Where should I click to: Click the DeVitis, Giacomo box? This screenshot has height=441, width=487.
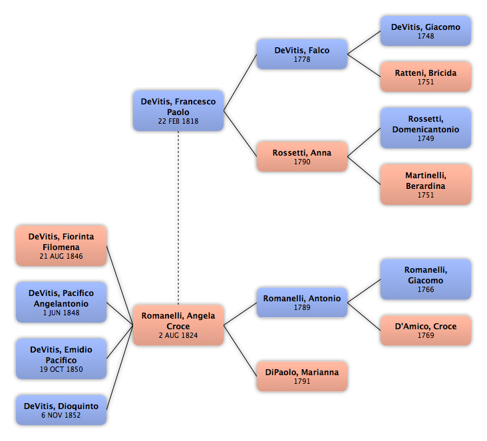tap(426, 31)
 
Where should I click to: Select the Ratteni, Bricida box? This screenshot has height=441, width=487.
tap(426, 76)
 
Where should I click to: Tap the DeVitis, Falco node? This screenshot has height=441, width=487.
tap(302, 54)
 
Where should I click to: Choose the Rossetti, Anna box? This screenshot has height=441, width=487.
tap(302, 156)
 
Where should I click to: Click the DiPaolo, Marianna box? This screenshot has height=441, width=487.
tap(302, 376)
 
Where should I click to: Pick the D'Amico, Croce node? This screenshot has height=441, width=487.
tap(426, 330)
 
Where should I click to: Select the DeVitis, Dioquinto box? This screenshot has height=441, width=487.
tap(61, 410)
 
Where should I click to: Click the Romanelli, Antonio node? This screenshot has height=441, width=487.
tap(302, 302)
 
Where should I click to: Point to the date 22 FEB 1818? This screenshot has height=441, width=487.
tap(178, 121)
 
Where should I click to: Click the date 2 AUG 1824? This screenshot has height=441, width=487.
tap(178, 335)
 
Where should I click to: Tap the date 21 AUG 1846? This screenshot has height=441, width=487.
tap(61, 256)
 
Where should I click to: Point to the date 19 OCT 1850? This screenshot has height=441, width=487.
tap(61, 369)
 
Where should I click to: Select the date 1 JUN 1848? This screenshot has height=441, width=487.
tap(61, 313)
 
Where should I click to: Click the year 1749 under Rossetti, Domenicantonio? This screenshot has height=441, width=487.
tap(426, 138)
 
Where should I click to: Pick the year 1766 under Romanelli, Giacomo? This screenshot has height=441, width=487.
tap(426, 289)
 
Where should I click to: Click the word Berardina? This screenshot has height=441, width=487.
tap(426, 186)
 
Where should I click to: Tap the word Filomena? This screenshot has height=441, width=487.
tap(61, 247)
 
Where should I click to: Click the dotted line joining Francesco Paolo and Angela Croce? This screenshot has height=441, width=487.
tap(178, 218)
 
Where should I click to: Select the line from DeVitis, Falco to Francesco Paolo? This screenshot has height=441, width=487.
tap(240, 82)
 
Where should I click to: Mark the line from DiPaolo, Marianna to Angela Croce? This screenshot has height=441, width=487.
tap(240, 351)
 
